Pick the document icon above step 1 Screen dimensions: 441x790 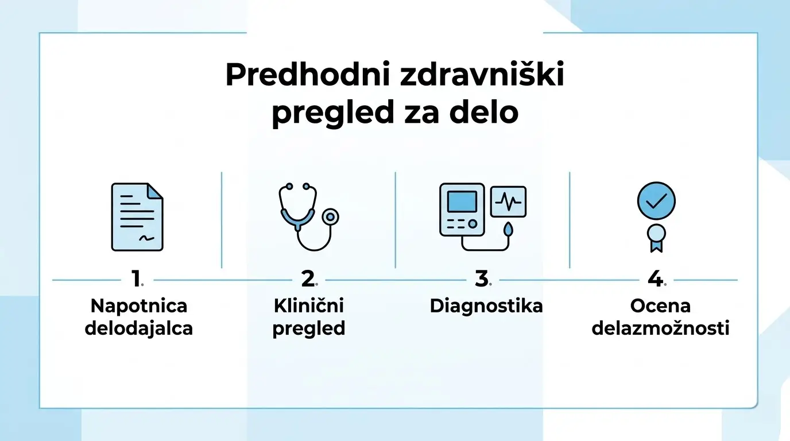(x=137, y=216)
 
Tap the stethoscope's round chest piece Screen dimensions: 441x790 (x=330, y=216)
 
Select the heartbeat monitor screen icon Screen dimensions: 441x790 (x=508, y=201)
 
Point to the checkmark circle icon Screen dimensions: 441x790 (x=656, y=200)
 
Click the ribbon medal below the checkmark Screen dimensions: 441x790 (x=656, y=237)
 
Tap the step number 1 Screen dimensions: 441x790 (x=136, y=280)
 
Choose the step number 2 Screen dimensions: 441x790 (x=308, y=280)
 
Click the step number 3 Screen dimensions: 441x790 (x=481, y=280)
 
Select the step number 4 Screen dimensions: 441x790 (x=655, y=280)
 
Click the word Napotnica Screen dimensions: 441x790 (x=139, y=305)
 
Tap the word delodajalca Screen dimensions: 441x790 (x=139, y=329)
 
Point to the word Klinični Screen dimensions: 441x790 (x=309, y=305)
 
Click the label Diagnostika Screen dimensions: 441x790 (x=486, y=305)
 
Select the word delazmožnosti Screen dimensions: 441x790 (x=660, y=329)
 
